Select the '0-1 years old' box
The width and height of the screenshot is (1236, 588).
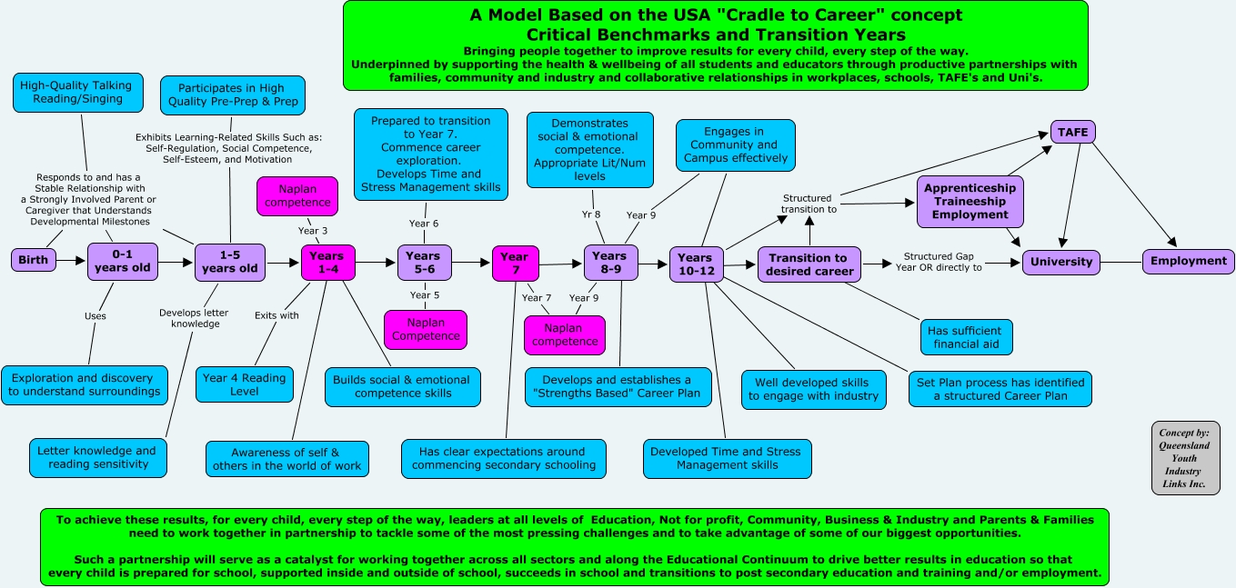[123, 261]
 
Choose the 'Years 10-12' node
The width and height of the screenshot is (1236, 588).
[695, 264]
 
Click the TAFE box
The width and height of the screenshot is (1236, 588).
[1072, 131]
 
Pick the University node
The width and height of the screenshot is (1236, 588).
[1061, 262]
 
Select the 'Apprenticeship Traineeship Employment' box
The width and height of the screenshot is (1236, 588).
[970, 201]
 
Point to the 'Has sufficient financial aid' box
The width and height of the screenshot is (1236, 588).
[965, 337]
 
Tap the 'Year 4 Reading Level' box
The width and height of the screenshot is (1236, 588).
[244, 384]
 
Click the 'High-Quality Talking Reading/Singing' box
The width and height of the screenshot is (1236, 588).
[75, 92]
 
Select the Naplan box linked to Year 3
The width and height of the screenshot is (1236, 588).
[298, 195]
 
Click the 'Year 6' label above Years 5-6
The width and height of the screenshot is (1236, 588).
[423, 224]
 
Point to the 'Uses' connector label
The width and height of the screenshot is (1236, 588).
[95, 316]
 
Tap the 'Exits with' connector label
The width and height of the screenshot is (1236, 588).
[276, 315]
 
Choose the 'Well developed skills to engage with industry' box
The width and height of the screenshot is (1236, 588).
[813, 389]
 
